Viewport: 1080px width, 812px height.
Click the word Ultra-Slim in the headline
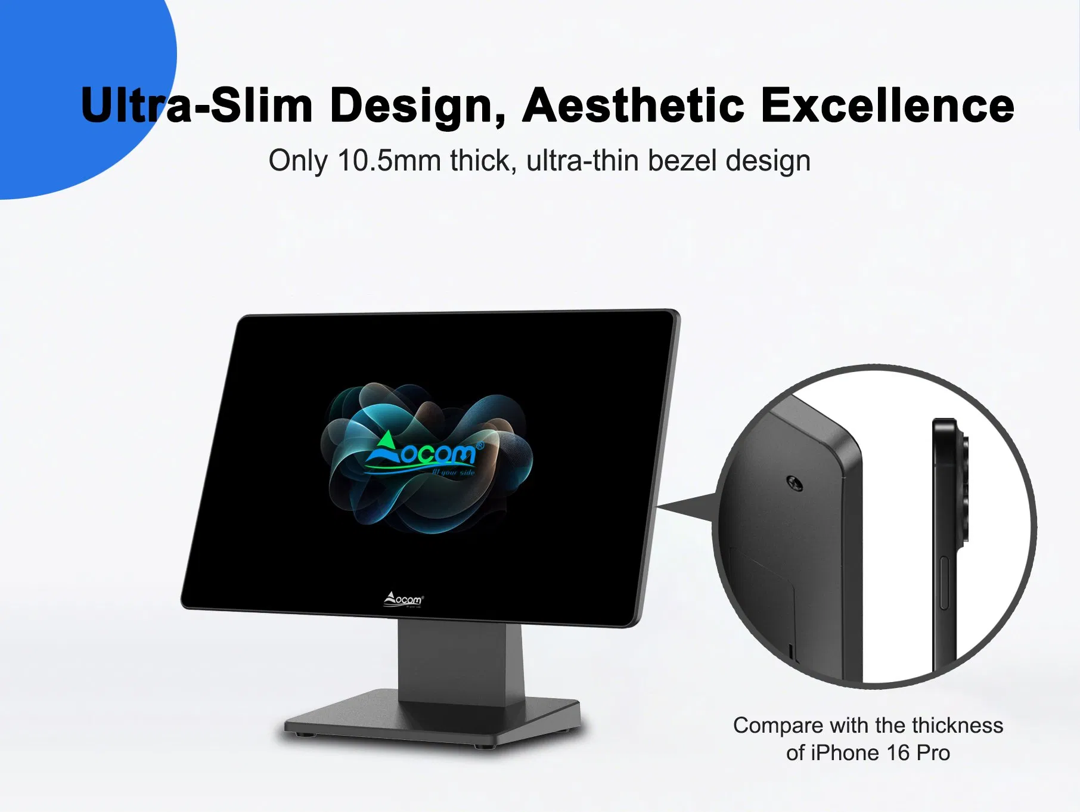click(197, 106)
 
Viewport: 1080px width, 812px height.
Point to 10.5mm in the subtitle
click(389, 161)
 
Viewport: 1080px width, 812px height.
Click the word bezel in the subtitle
click(682, 161)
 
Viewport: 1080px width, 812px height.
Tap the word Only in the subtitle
click(297, 161)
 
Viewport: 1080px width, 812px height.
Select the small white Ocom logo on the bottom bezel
click(404, 599)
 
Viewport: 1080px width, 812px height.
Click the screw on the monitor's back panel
click(795, 484)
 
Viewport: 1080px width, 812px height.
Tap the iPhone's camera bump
click(962, 489)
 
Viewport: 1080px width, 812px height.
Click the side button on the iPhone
click(944, 583)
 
